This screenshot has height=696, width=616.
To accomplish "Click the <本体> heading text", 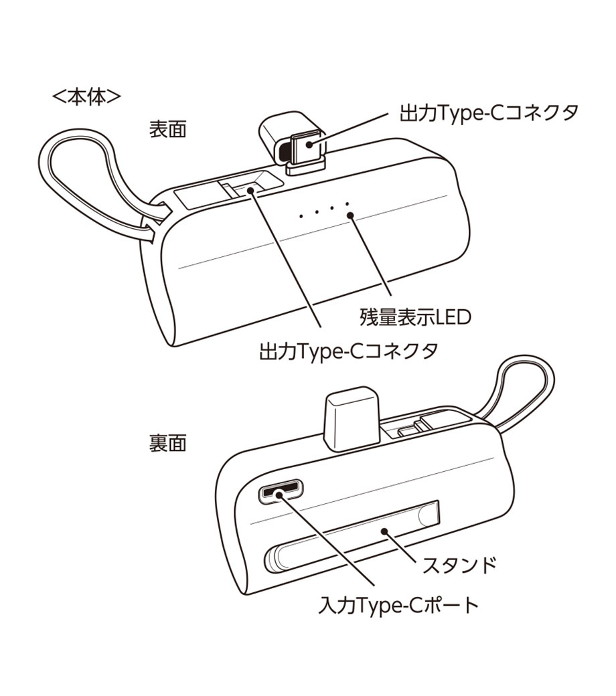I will click(x=86, y=98).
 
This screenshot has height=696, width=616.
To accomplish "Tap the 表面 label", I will click(x=167, y=129).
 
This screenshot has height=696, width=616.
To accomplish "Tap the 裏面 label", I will click(x=167, y=443).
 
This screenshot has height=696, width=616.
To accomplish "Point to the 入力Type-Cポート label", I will click(x=399, y=606).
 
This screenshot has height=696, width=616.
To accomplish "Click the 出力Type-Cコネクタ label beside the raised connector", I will click(x=489, y=112).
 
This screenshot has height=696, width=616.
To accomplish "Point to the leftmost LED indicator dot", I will click(x=302, y=215).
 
